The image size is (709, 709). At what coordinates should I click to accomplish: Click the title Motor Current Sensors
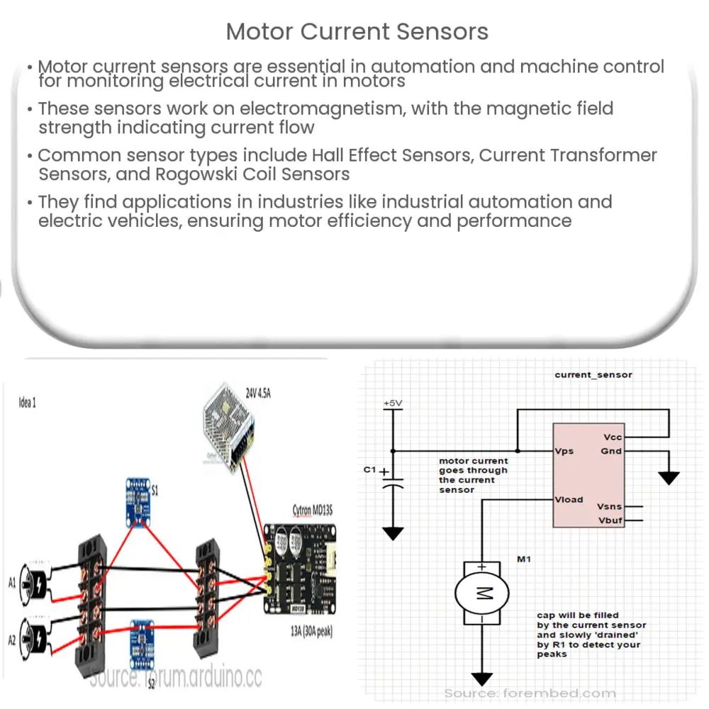(x=357, y=32)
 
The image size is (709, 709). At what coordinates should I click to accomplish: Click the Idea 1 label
(x=27, y=403)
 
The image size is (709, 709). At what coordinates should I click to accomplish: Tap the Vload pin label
(x=569, y=500)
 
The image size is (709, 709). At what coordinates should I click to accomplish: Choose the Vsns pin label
(x=609, y=507)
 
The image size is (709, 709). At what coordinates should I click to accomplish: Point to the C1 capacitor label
(x=369, y=469)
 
